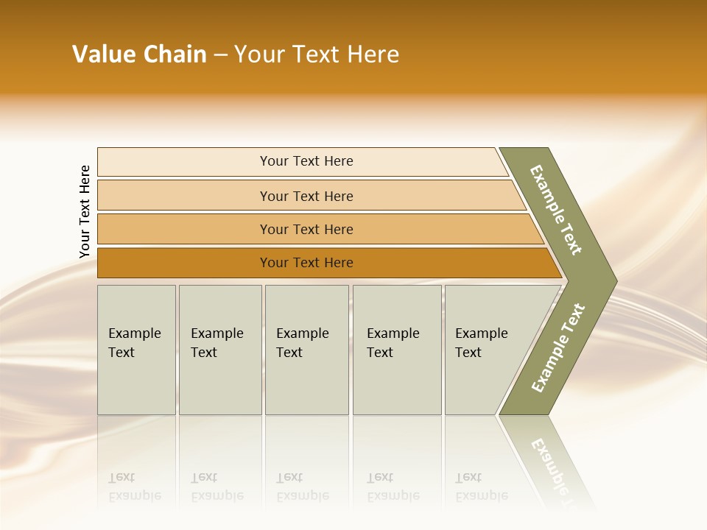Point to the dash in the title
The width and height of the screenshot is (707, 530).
pos(220,55)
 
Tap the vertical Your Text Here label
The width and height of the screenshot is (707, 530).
pos(85,211)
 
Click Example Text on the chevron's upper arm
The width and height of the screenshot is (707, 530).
pos(556,210)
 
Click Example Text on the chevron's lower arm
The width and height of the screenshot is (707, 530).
pos(558,347)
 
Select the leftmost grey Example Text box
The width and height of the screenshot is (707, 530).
pos(136,350)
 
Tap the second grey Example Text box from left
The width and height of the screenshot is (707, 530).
pos(219,350)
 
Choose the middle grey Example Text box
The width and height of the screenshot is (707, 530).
pos(306,350)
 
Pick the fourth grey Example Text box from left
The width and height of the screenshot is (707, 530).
pos(396,350)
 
